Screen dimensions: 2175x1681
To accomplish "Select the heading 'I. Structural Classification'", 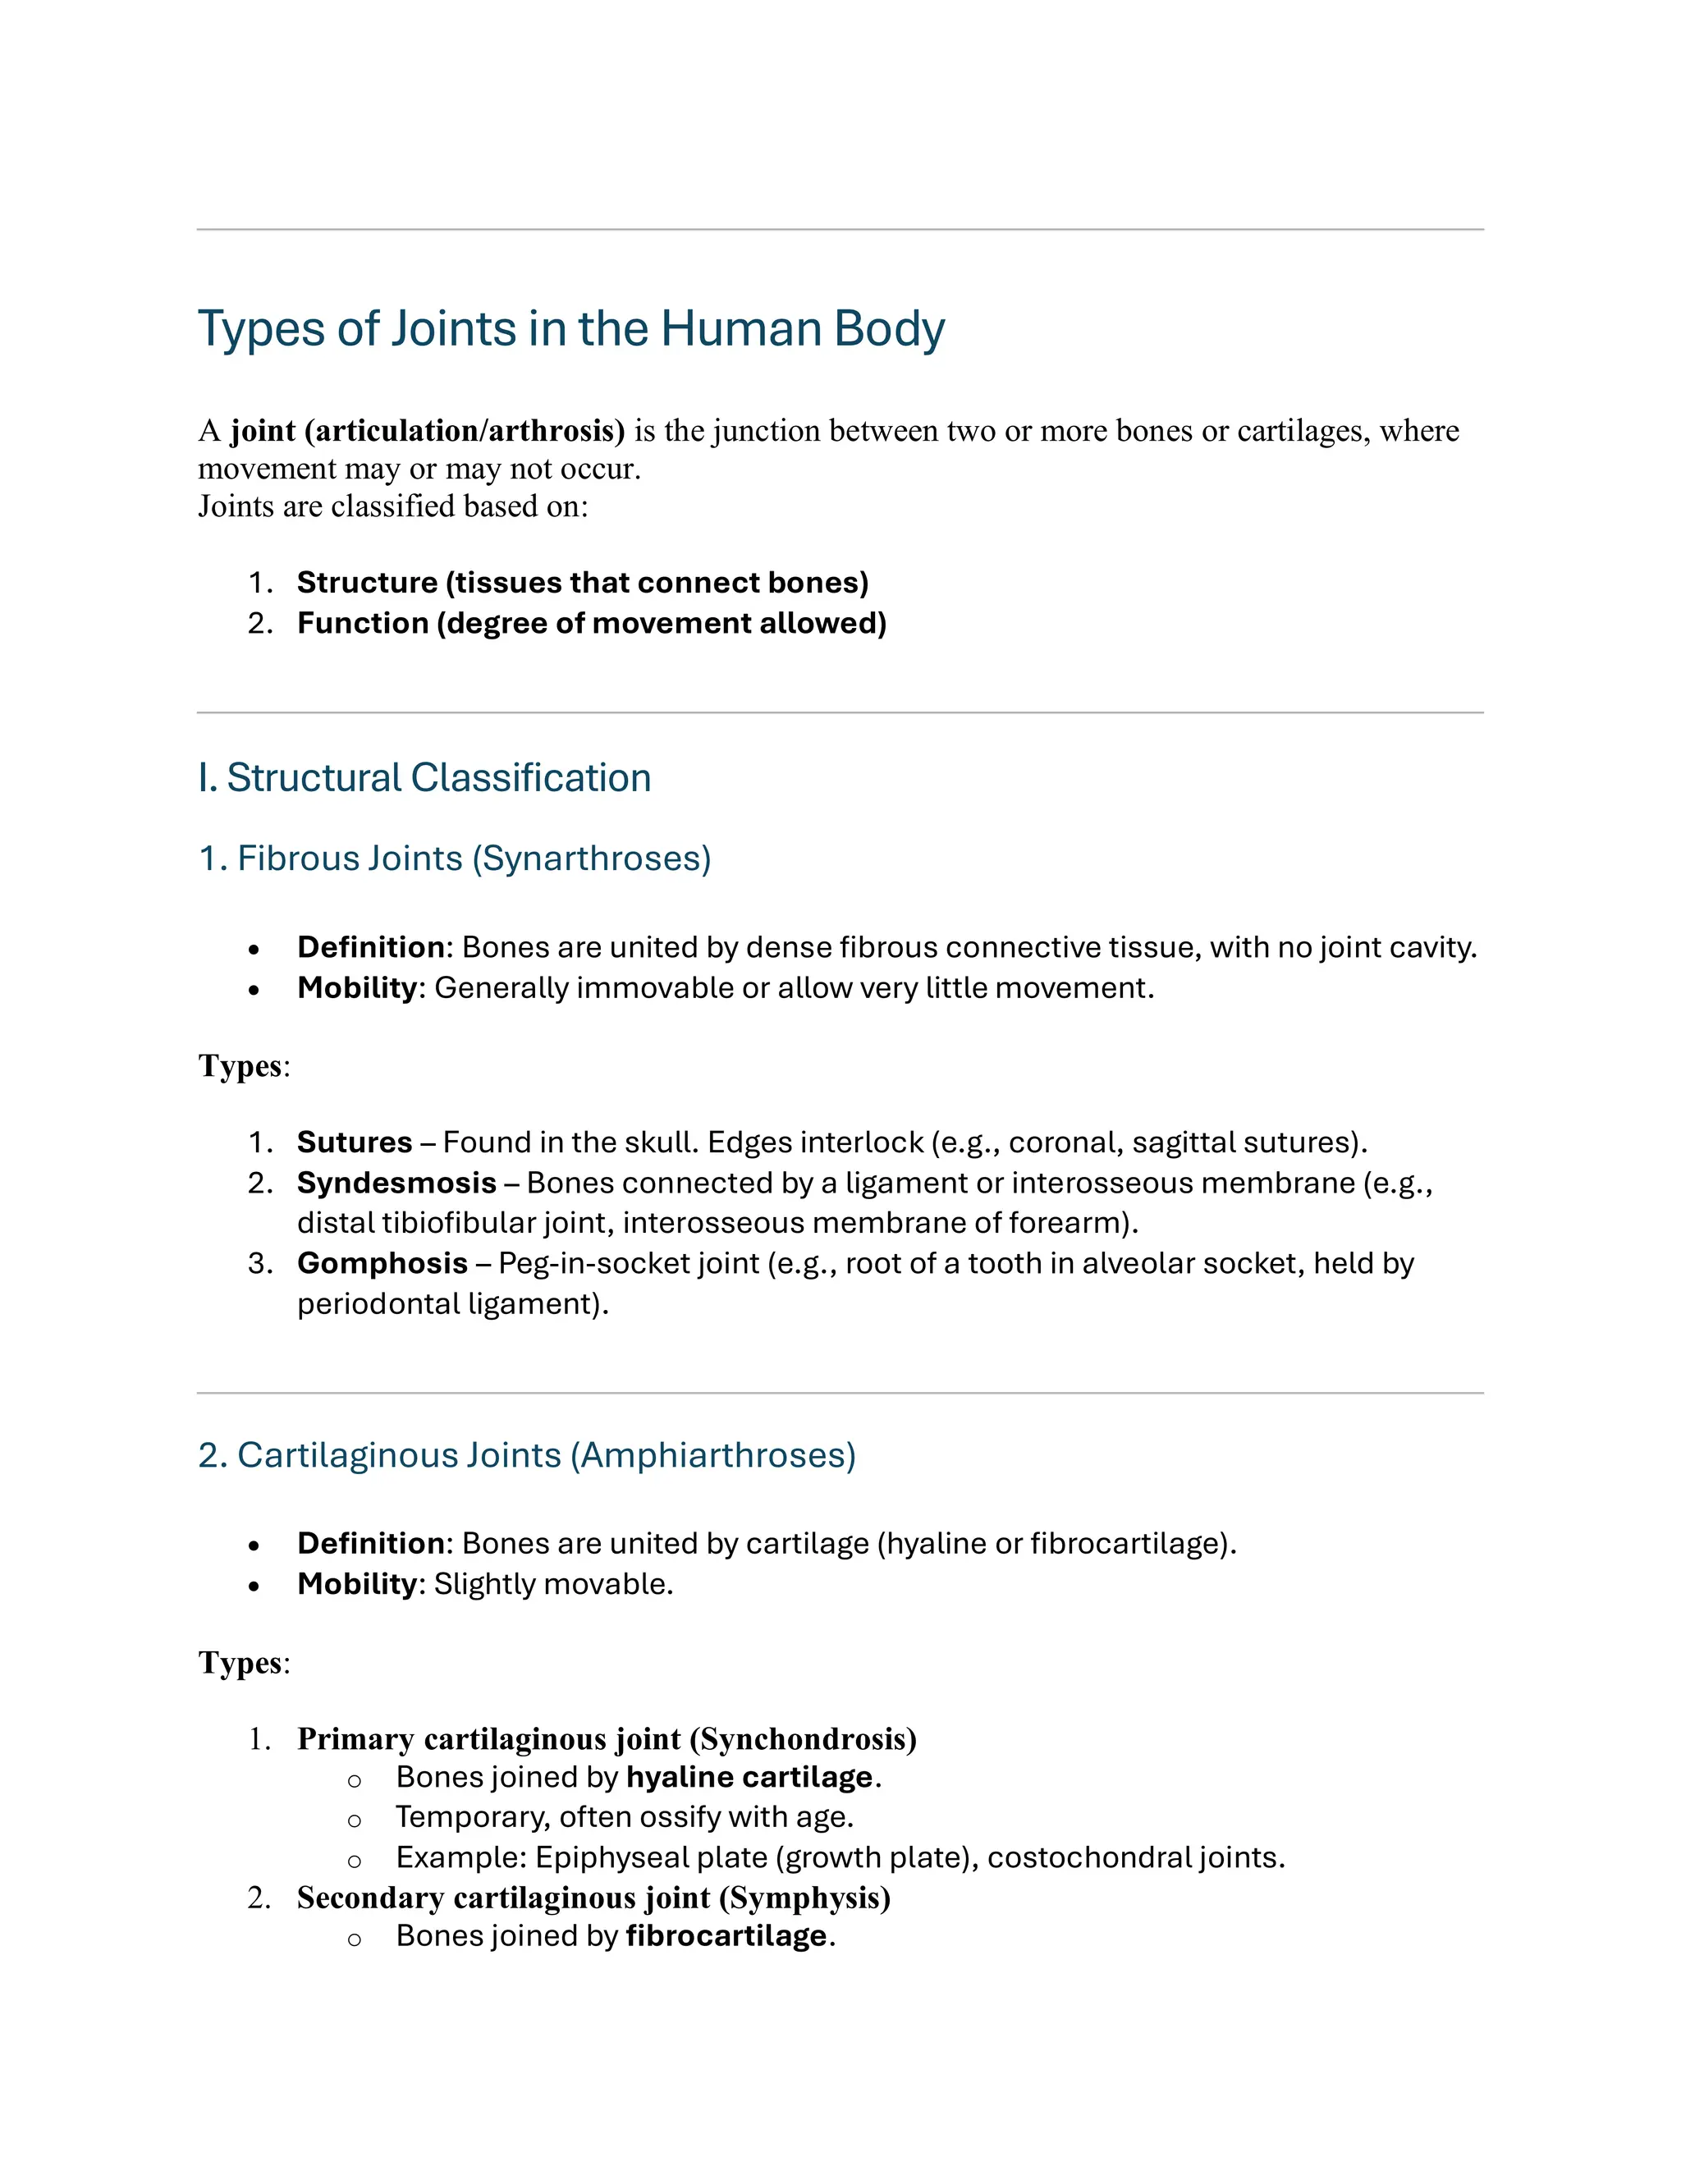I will click(x=424, y=778).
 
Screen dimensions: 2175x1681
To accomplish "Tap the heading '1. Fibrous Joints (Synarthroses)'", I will click(x=455, y=859).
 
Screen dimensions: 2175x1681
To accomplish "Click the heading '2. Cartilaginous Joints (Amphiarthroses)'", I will click(x=527, y=1455).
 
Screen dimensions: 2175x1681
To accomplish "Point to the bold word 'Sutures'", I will click(x=355, y=1142).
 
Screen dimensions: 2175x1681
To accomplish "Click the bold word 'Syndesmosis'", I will click(x=396, y=1183).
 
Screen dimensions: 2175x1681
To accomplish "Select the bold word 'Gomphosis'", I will click(x=382, y=1264).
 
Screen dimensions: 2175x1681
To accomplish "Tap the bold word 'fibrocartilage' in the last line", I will click(x=726, y=1936).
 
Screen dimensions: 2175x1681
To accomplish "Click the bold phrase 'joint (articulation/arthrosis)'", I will click(x=427, y=431).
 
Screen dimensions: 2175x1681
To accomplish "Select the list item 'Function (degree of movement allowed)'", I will click(x=592, y=624).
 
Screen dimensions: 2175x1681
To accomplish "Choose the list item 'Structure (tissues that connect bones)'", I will click(x=583, y=583).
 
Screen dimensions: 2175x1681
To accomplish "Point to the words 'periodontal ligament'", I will click(x=447, y=1305).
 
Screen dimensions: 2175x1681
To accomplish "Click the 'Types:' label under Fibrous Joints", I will click(x=244, y=1067).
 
